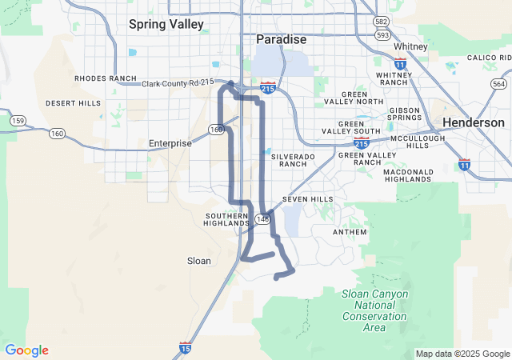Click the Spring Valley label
point(166,24)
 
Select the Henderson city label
point(474,122)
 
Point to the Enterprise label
point(170,143)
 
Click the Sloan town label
point(198,261)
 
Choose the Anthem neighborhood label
point(350,232)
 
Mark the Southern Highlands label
point(227,220)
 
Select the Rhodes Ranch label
point(106,78)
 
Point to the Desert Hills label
point(73,103)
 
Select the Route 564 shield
point(499,84)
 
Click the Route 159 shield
point(17,120)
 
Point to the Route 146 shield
point(263,218)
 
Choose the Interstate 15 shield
point(185,348)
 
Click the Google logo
point(26,350)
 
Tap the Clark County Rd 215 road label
point(182,83)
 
